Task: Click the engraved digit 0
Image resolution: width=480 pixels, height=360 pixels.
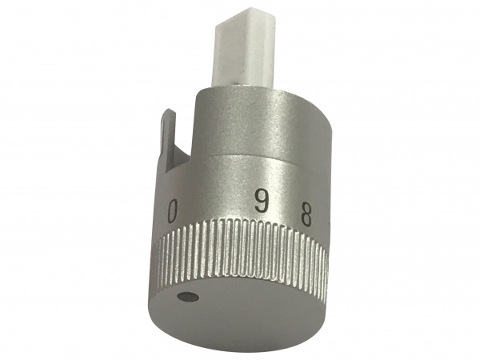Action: point(172,212)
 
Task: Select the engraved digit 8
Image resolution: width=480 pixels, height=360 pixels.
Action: point(305,214)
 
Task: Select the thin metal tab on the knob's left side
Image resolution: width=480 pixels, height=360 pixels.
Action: point(170,152)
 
